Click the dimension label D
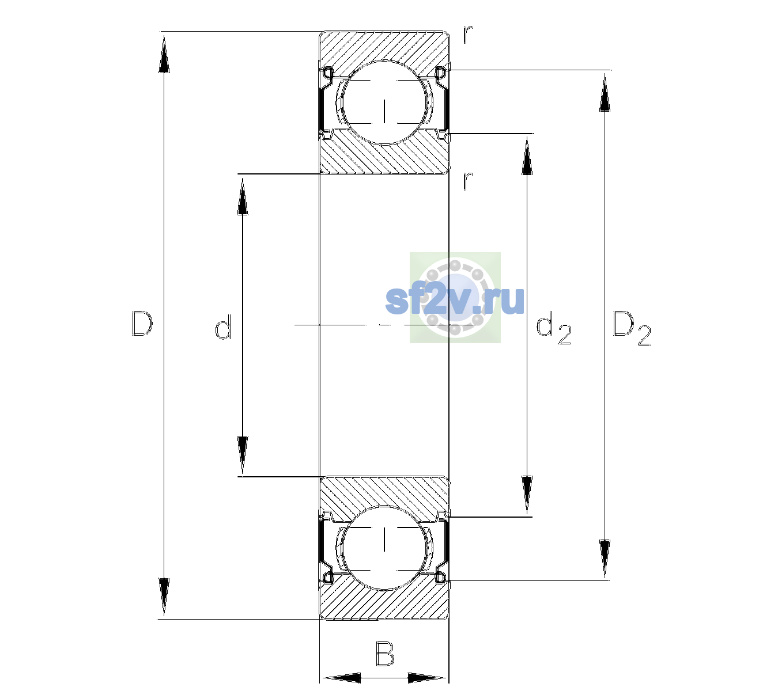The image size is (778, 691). pos(142,323)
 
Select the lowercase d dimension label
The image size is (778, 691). pos(223,327)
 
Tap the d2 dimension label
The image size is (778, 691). pos(553,328)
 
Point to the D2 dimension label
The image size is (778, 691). pos(631,328)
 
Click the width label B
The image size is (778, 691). pos(384,654)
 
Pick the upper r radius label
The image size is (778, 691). pos(468,35)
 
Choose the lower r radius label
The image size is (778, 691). pos(468,181)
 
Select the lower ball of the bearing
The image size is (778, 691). pos(384,548)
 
